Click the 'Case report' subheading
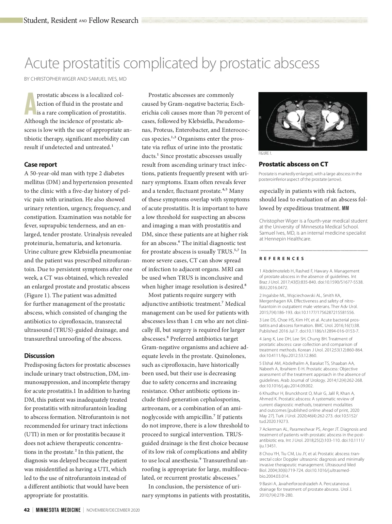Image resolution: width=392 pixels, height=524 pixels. (x=41, y=164)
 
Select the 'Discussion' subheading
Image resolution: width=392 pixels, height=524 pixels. (x=39, y=356)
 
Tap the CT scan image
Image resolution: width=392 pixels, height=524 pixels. (x=313, y=121)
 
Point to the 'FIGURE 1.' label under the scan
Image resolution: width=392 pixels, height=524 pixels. (x=265, y=153)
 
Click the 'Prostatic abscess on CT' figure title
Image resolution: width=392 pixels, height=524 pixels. (x=293, y=164)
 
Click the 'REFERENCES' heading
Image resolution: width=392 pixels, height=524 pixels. (x=282, y=259)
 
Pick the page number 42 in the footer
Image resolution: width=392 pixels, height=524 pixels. (x=27, y=510)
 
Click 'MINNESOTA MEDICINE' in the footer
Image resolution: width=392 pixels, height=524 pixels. (x=58, y=510)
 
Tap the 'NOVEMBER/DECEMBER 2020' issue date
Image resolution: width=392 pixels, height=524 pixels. (x=113, y=510)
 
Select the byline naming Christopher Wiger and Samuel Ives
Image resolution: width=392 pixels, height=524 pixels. (x=75, y=79)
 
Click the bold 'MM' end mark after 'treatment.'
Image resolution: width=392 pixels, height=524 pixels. (x=345, y=208)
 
